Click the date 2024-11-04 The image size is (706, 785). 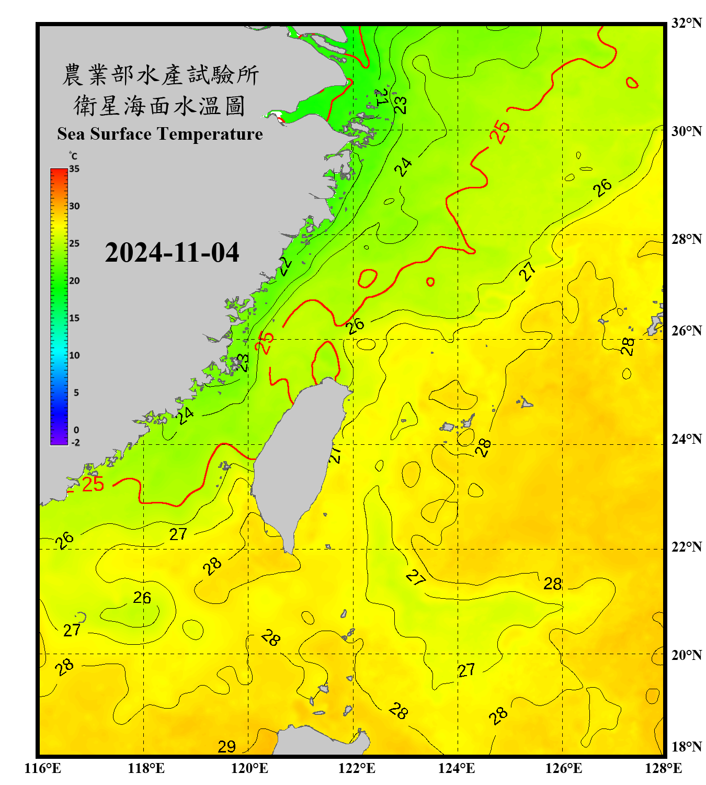pyautogui.click(x=172, y=252)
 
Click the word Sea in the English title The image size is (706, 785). pyautogui.click(x=72, y=134)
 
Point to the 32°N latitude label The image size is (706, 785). pyautogui.click(x=686, y=23)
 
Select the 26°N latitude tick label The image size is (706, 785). pyautogui.click(x=686, y=331)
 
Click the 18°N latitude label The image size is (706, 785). pyautogui.click(x=686, y=747)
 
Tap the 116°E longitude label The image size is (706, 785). pyautogui.click(x=43, y=768)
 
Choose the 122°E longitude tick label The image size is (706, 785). pyautogui.click(x=357, y=768)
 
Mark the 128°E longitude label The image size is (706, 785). pyautogui.click(x=663, y=768)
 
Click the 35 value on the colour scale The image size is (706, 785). pyautogui.click(x=74, y=169)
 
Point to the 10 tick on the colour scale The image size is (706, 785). pyautogui.click(x=74, y=355)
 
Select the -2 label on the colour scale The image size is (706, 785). pyautogui.click(x=75, y=443)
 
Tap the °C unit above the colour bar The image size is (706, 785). pyautogui.click(x=73, y=156)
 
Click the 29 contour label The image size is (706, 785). pyautogui.click(x=226, y=747)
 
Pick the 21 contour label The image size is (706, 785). pyautogui.click(x=381, y=97)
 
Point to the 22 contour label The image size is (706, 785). pyautogui.click(x=285, y=266)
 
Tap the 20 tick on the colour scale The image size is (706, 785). pyautogui.click(x=74, y=281)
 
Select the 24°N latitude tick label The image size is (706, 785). pyautogui.click(x=686, y=439)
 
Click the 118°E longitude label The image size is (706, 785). pyautogui.click(x=146, y=768)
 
